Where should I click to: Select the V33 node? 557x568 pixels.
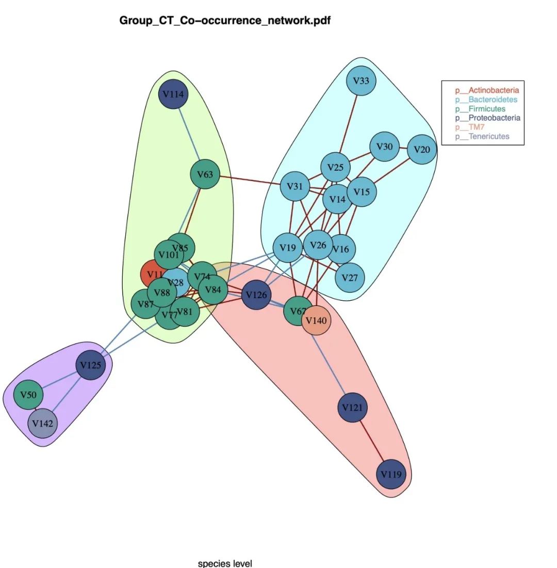(361, 81)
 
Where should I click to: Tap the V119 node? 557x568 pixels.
(390, 474)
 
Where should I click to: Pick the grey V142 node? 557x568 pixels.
(42, 424)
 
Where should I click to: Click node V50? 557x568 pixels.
(28, 395)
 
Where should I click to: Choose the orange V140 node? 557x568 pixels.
(316, 320)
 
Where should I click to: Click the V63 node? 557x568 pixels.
(205, 174)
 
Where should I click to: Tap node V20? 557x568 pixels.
(422, 150)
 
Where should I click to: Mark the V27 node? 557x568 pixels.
(350, 278)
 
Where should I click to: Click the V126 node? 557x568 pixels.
(256, 295)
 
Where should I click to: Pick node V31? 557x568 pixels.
(294, 186)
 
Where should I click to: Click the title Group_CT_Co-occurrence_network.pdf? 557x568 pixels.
(225, 21)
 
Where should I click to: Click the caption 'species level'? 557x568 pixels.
(225, 563)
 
